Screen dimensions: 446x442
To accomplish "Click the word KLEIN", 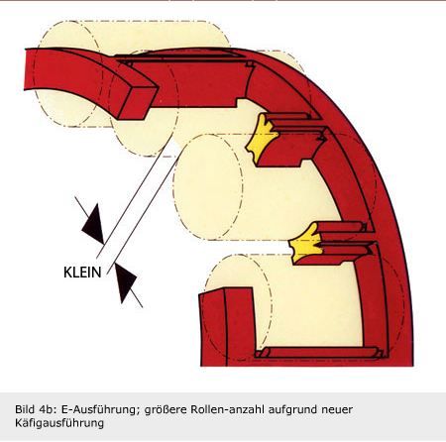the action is (82, 273).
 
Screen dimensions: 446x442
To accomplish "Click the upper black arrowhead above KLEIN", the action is (93, 224).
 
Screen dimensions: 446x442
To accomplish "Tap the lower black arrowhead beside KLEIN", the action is (125, 282).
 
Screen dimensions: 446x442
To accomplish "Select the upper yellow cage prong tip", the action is (261, 138).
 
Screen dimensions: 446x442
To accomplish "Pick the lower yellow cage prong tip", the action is (306, 243).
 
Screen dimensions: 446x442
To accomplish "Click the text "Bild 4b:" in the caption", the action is (35, 409).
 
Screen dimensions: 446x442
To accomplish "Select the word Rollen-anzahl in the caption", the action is (228, 409).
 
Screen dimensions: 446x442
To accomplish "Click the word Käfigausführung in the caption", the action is (59, 423).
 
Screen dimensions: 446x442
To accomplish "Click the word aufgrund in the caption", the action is (291, 410).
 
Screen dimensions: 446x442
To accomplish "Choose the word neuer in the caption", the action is (337, 410).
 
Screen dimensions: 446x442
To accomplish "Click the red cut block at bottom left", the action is (228, 326).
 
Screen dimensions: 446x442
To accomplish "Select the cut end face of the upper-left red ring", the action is (138, 102).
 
